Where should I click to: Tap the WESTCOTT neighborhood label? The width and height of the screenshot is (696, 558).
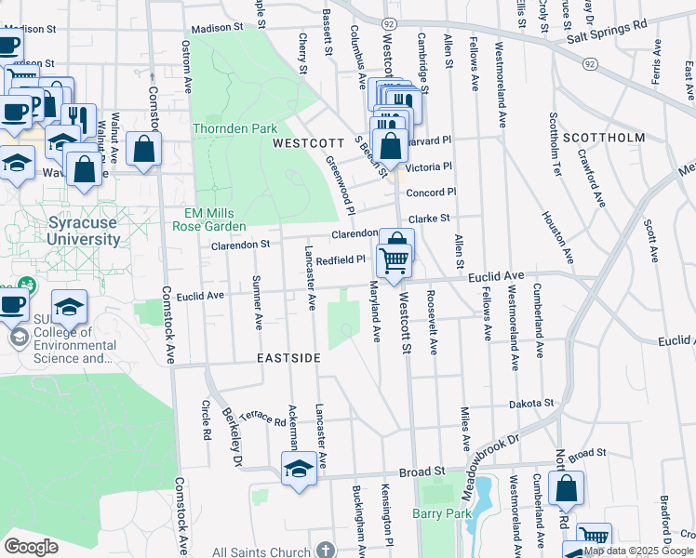pyautogui.click(x=302, y=144)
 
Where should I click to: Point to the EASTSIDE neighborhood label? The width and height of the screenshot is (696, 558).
pyautogui.click(x=289, y=358)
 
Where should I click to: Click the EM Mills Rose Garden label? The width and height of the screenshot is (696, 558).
pyautogui.click(x=215, y=219)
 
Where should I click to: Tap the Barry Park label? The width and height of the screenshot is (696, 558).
pyautogui.click(x=443, y=512)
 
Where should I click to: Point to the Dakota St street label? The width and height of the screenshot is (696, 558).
pyautogui.click(x=531, y=404)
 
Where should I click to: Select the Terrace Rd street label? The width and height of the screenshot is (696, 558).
pyautogui.click(x=262, y=420)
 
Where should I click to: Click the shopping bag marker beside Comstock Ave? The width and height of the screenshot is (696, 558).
pyautogui.click(x=144, y=149)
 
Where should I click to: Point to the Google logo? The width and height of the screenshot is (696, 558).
pyautogui.click(x=32, y=547)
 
